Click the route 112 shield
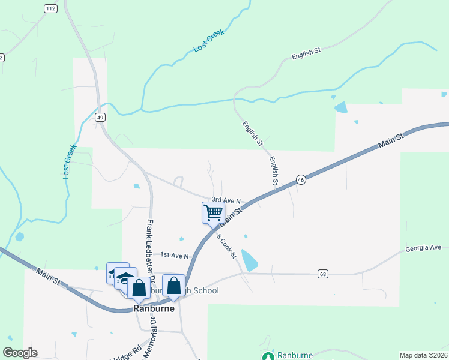pyautogui.click(x=50, y=8)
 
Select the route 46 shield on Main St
pyautogui.click(x=301, y=179)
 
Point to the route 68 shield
pyautogui.click(x=324, y=274)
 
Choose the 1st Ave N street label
pyautogui.click(x=174, y=256)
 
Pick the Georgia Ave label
pyautogui.click(x=423, y=247)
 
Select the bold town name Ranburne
pyautogui.click(x=154, y=309)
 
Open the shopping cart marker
pyautogui.click(x=213, y=212)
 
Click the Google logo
pyautogui.click(x=20, y=353)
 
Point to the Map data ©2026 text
pyautogui.click(x=423, y=355)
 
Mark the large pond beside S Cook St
pyautogui.click(x=249, y=259)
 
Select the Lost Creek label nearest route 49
pyautogui.click(x=70, y=161)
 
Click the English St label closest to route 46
pyautogui.click(x=274, y=170)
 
